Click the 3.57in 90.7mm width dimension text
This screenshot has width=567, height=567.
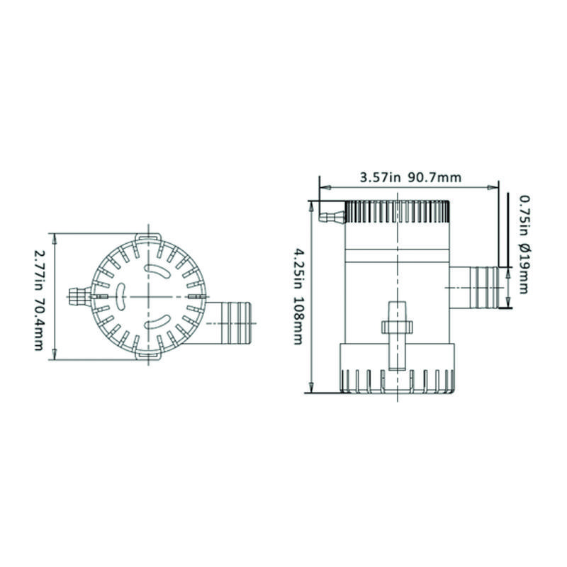410,178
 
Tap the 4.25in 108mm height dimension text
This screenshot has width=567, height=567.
298,296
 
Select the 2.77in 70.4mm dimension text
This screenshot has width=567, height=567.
38,298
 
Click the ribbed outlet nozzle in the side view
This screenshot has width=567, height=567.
474,288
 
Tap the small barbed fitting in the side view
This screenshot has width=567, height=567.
332,217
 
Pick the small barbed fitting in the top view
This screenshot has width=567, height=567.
80,296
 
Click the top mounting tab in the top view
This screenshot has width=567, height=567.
148,237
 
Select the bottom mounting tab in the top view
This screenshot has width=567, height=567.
148,356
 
